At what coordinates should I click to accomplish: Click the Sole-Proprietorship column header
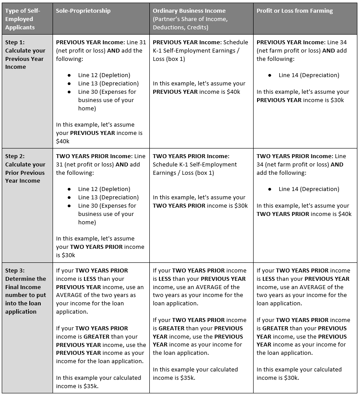tap(83, 11)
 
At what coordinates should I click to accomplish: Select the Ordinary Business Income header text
tap(189, 11)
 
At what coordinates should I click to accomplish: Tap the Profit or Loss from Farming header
tap(295, 11)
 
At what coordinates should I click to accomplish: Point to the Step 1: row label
tap(15, 42)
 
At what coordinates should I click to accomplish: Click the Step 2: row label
tap(15, 156)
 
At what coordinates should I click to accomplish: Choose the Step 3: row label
tap(15, 271)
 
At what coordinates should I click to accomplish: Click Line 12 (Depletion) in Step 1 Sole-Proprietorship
tap(104, 75)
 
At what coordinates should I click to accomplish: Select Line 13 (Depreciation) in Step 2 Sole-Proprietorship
tap(108, 198)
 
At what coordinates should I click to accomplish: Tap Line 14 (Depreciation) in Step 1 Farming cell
tap(309, 75)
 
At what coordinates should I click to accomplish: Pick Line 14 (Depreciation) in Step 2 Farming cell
tap(309, 189)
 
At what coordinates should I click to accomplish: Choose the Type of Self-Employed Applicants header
tap(22, 19)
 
